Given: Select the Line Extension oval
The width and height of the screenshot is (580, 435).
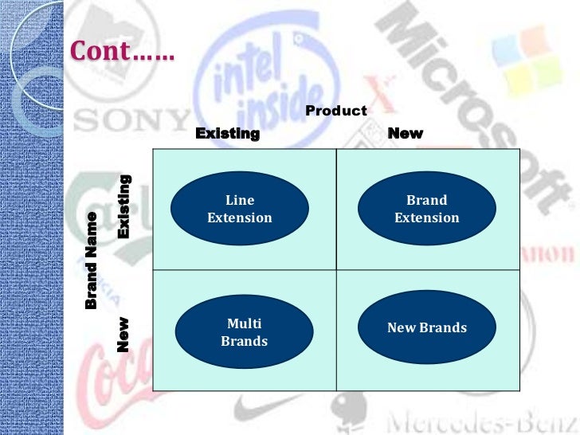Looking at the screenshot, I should pyautogui.click(x=239, y=209).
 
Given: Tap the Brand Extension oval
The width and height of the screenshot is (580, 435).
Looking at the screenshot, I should pyautogui.click(x=426, y=209).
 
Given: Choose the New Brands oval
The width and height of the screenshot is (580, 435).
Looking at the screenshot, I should pyautogui.click(x=426, y=327).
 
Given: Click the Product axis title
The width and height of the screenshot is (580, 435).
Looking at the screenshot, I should pyautogui.click(x=336, y=111).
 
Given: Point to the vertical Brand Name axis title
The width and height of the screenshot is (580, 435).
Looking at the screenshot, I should pyautogui.click(x=91, y=260).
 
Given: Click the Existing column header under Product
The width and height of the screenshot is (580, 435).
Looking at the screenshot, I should pyautogui.click(x=227, y=133).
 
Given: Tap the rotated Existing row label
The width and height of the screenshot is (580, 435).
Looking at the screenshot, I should pyautogui.click(x=124, y=205).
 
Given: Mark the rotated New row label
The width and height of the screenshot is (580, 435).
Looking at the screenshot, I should pyautogui.click(x=123, y=335).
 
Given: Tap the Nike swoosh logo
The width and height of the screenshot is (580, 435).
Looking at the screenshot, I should pyautogui.click(x=263, y=411).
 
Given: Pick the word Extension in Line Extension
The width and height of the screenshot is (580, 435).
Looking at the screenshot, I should pyautogui.click(x=239, y=217).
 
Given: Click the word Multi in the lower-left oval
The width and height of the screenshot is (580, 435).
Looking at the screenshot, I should pyautogui.click(x=244, y=323).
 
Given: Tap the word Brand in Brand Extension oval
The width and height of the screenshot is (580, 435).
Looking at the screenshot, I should pyautogui.click(x=426, y=200).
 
